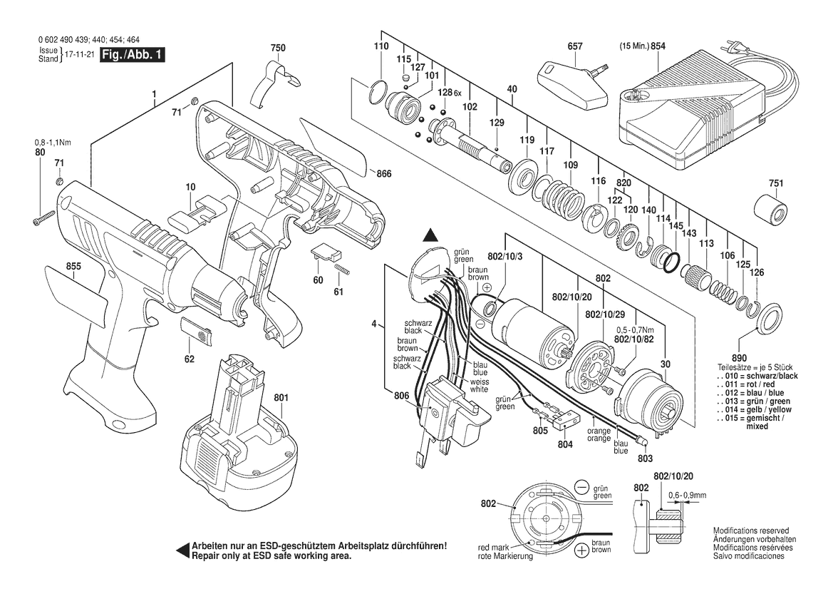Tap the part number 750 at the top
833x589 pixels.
(x=278, y=48)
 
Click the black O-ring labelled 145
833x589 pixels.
(x=671, y=263)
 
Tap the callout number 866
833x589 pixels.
(x=384, y=173)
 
